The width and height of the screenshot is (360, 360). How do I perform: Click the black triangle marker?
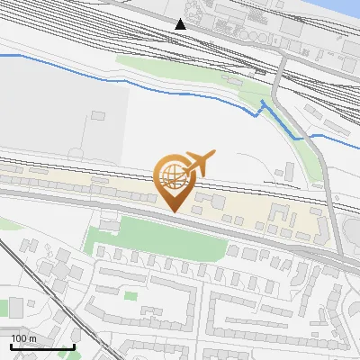coord(181,23)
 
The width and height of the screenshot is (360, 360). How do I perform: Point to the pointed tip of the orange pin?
coord(174,211)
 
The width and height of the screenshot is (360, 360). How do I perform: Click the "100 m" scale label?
coord(24,337)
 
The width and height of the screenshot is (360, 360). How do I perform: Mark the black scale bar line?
coord(41,346)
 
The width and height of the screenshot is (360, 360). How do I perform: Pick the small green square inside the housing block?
coord(131,295)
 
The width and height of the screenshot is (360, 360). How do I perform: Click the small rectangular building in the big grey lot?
coord(97,115)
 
